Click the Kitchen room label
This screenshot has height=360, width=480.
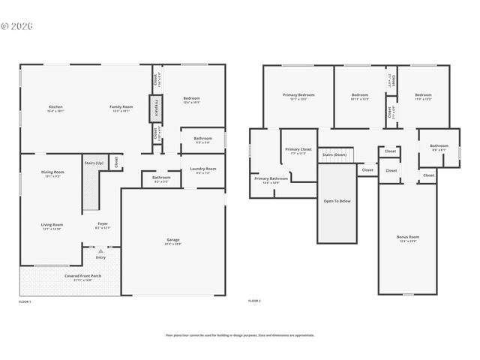click(x=55, y=107)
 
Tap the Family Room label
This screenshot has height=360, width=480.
click(x=121, y=107)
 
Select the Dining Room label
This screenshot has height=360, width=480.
click(x=52, y=172)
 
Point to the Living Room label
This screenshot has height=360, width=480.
click(x=52, y=225)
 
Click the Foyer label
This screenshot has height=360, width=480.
click(x=103, y=224)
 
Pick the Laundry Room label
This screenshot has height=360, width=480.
click(x=202, y=169)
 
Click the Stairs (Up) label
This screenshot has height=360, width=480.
click(x=94, y=162)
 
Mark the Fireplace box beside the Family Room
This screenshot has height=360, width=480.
click(x=156, y=109)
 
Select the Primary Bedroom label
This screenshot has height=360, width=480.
click(x=298, y=95)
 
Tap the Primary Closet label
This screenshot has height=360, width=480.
click(x=298, y=150)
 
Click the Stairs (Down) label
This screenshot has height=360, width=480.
click(x=334, y=154)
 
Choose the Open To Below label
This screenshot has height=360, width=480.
click(x=337, y=201)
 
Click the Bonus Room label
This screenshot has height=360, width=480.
click(x=408, y=237)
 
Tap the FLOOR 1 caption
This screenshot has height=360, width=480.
click(x=25, y=301)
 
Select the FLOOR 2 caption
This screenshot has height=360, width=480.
click(x=254, y=301)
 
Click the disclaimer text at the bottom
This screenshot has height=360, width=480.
click(x=240, y=335)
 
